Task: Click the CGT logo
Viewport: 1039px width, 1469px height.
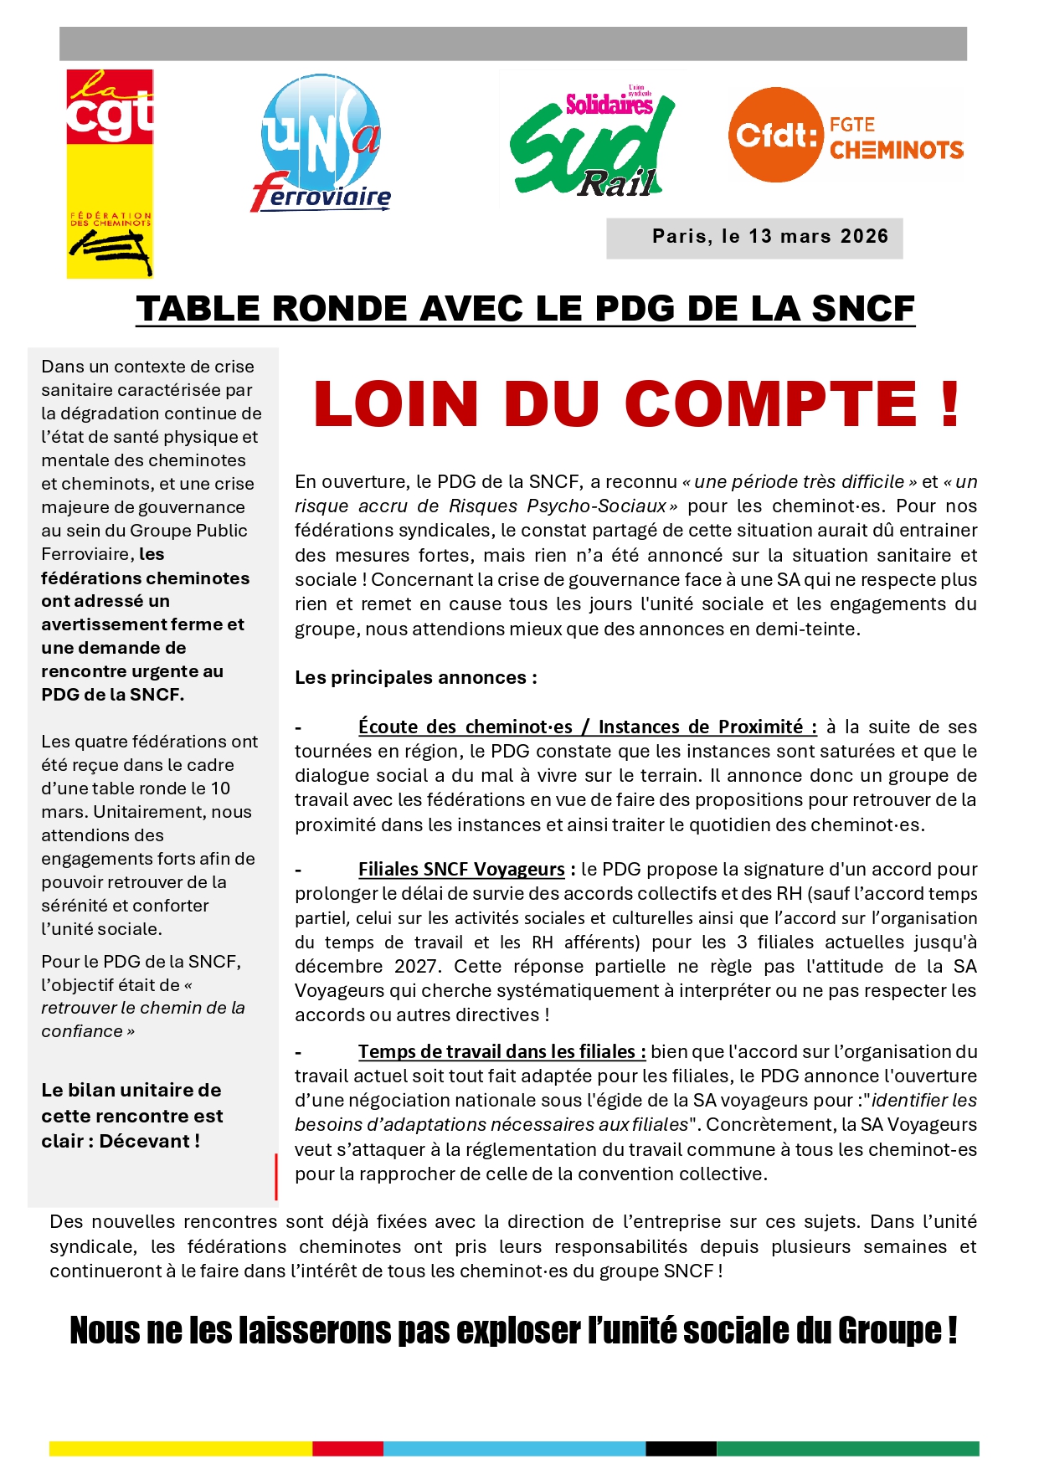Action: coord(110,173)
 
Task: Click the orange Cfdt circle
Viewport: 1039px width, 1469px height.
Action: coord(775,135)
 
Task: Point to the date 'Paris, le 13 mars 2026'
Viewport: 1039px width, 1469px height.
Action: coord(769,237)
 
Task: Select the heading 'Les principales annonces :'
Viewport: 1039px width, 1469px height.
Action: coord(415,678)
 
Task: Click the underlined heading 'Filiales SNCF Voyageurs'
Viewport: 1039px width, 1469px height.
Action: coord(461,870)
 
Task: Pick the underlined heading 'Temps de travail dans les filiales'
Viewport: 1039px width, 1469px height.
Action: coord(501,1052)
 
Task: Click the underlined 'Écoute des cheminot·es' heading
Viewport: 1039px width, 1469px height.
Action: coord(465,727)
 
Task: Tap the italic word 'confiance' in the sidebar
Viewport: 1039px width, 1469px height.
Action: coord(82,1032)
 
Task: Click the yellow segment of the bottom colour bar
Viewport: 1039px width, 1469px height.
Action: coord(180,1448)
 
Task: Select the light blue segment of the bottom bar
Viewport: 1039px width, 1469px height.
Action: coord(514,1448)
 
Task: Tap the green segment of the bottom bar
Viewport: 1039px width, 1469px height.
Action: coord(847,1448)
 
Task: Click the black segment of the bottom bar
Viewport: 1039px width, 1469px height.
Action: coord(681,1448)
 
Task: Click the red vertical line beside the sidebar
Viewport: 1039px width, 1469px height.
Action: coord(276,1176)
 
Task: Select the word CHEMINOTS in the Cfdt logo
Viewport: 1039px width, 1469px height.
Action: coord(897,151)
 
